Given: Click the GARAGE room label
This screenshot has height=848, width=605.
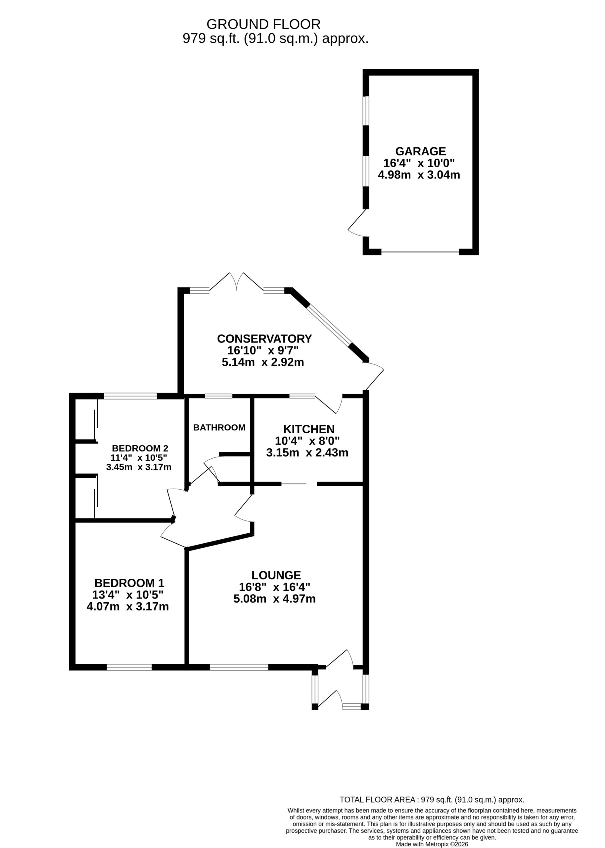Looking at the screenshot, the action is coord(420,151).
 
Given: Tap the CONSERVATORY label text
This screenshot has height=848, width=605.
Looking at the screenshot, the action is coord(264,339).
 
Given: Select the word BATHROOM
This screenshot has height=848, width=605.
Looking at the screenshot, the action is coord(219,428).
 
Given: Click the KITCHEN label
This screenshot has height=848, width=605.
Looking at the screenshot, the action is coord(309,429).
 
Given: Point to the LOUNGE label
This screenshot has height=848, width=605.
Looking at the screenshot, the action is coord(276,575).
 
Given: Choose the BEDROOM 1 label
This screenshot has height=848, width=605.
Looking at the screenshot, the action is coord(129,583).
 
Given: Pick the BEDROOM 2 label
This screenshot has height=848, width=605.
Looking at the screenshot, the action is coord(140,448).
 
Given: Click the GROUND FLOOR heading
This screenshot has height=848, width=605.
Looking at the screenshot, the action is coord(263,24).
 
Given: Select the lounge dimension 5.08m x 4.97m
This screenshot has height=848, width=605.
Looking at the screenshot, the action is coord(275,599).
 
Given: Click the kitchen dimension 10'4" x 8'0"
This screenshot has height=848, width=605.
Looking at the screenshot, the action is coord(307,441).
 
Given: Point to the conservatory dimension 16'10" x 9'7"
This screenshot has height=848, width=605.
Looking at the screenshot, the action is coord(263,350).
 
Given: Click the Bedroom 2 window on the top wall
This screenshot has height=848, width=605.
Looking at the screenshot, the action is coord(130,396).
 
